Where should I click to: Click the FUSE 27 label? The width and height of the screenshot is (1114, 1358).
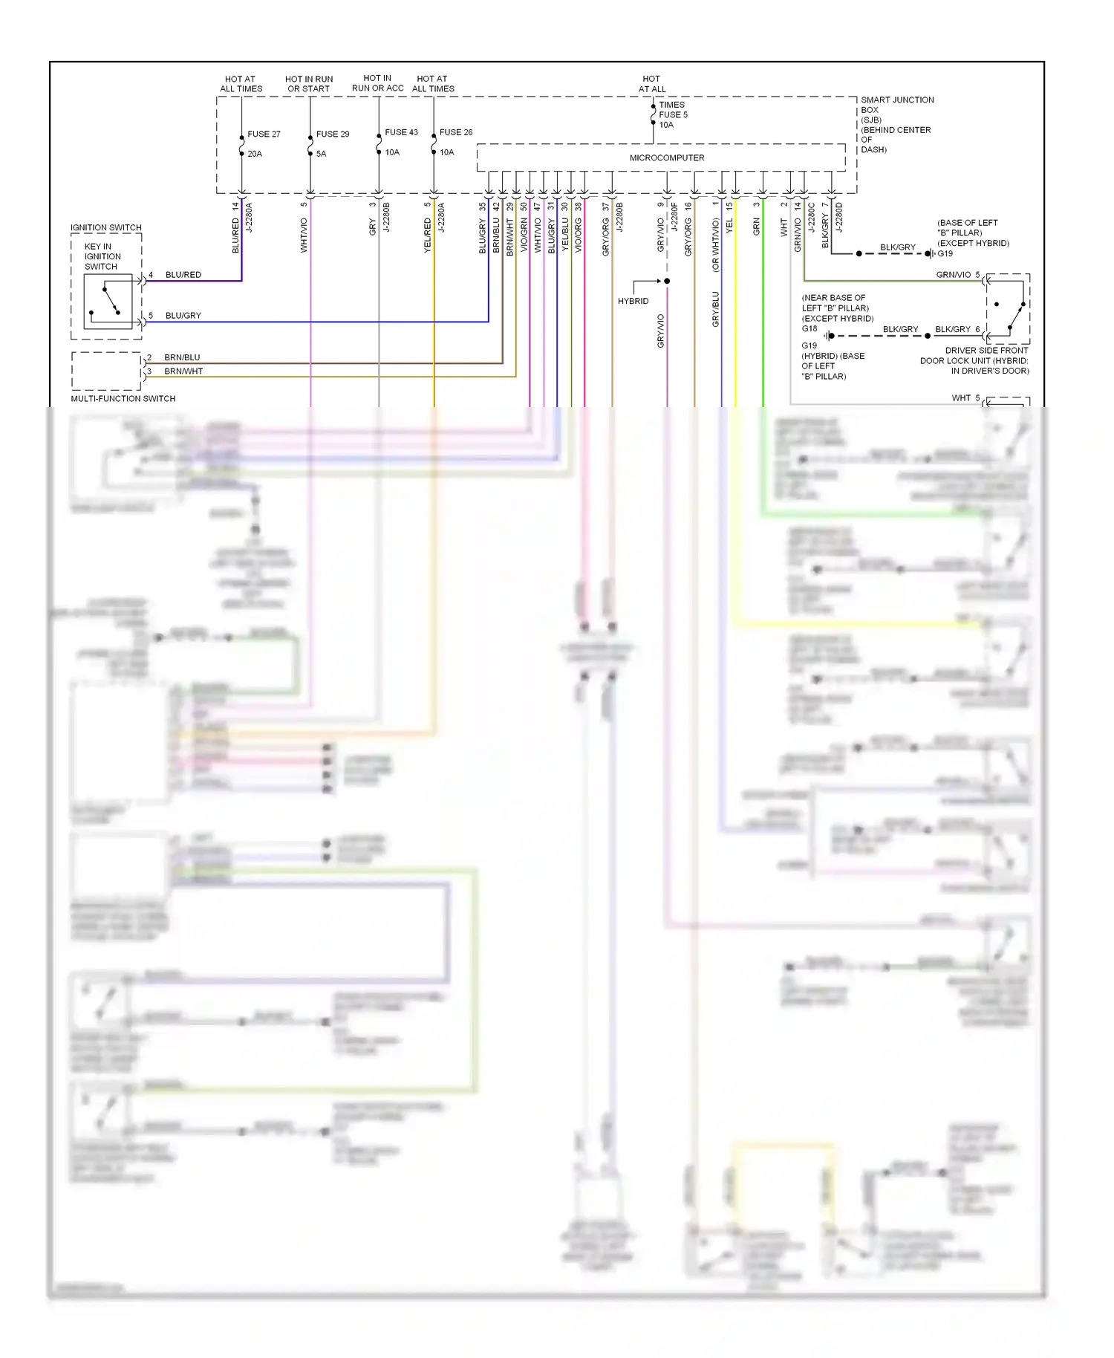click(264, 134)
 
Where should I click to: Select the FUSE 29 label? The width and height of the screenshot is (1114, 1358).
click(332, 134)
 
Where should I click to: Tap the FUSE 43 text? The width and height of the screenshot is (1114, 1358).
click(401, 132)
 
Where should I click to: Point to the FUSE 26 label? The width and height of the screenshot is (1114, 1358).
click(456, 132)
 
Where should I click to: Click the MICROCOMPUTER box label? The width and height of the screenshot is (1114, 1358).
click(666, 157)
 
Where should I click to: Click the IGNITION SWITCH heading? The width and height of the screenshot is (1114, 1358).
click(105, 227)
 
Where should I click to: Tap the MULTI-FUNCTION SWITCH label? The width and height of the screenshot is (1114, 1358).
click(123, 398)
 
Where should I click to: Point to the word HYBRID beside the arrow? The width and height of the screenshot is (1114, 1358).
click(633, 301)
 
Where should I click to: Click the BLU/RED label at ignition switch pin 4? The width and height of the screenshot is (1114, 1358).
click(183, 275)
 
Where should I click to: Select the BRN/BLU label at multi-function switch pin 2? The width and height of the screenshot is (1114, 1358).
click(182, 357)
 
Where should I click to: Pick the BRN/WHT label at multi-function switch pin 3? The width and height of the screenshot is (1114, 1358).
click(183, 371)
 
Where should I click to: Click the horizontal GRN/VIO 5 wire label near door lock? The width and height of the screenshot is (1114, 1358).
click(957, 275)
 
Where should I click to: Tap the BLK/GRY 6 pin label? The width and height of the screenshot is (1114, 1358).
click(957, 329)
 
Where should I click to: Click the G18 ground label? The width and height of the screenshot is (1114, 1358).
click(809, 328)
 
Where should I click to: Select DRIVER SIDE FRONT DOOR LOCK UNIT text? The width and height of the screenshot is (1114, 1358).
click(974, 360)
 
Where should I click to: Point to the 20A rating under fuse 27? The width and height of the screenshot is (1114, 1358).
click(255, 154)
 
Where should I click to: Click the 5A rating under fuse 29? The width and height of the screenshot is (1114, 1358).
click(321, 154)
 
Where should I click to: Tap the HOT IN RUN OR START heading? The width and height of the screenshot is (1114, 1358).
click(309, 84)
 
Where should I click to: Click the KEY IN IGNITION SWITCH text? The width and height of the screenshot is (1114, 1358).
click(102, 256)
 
